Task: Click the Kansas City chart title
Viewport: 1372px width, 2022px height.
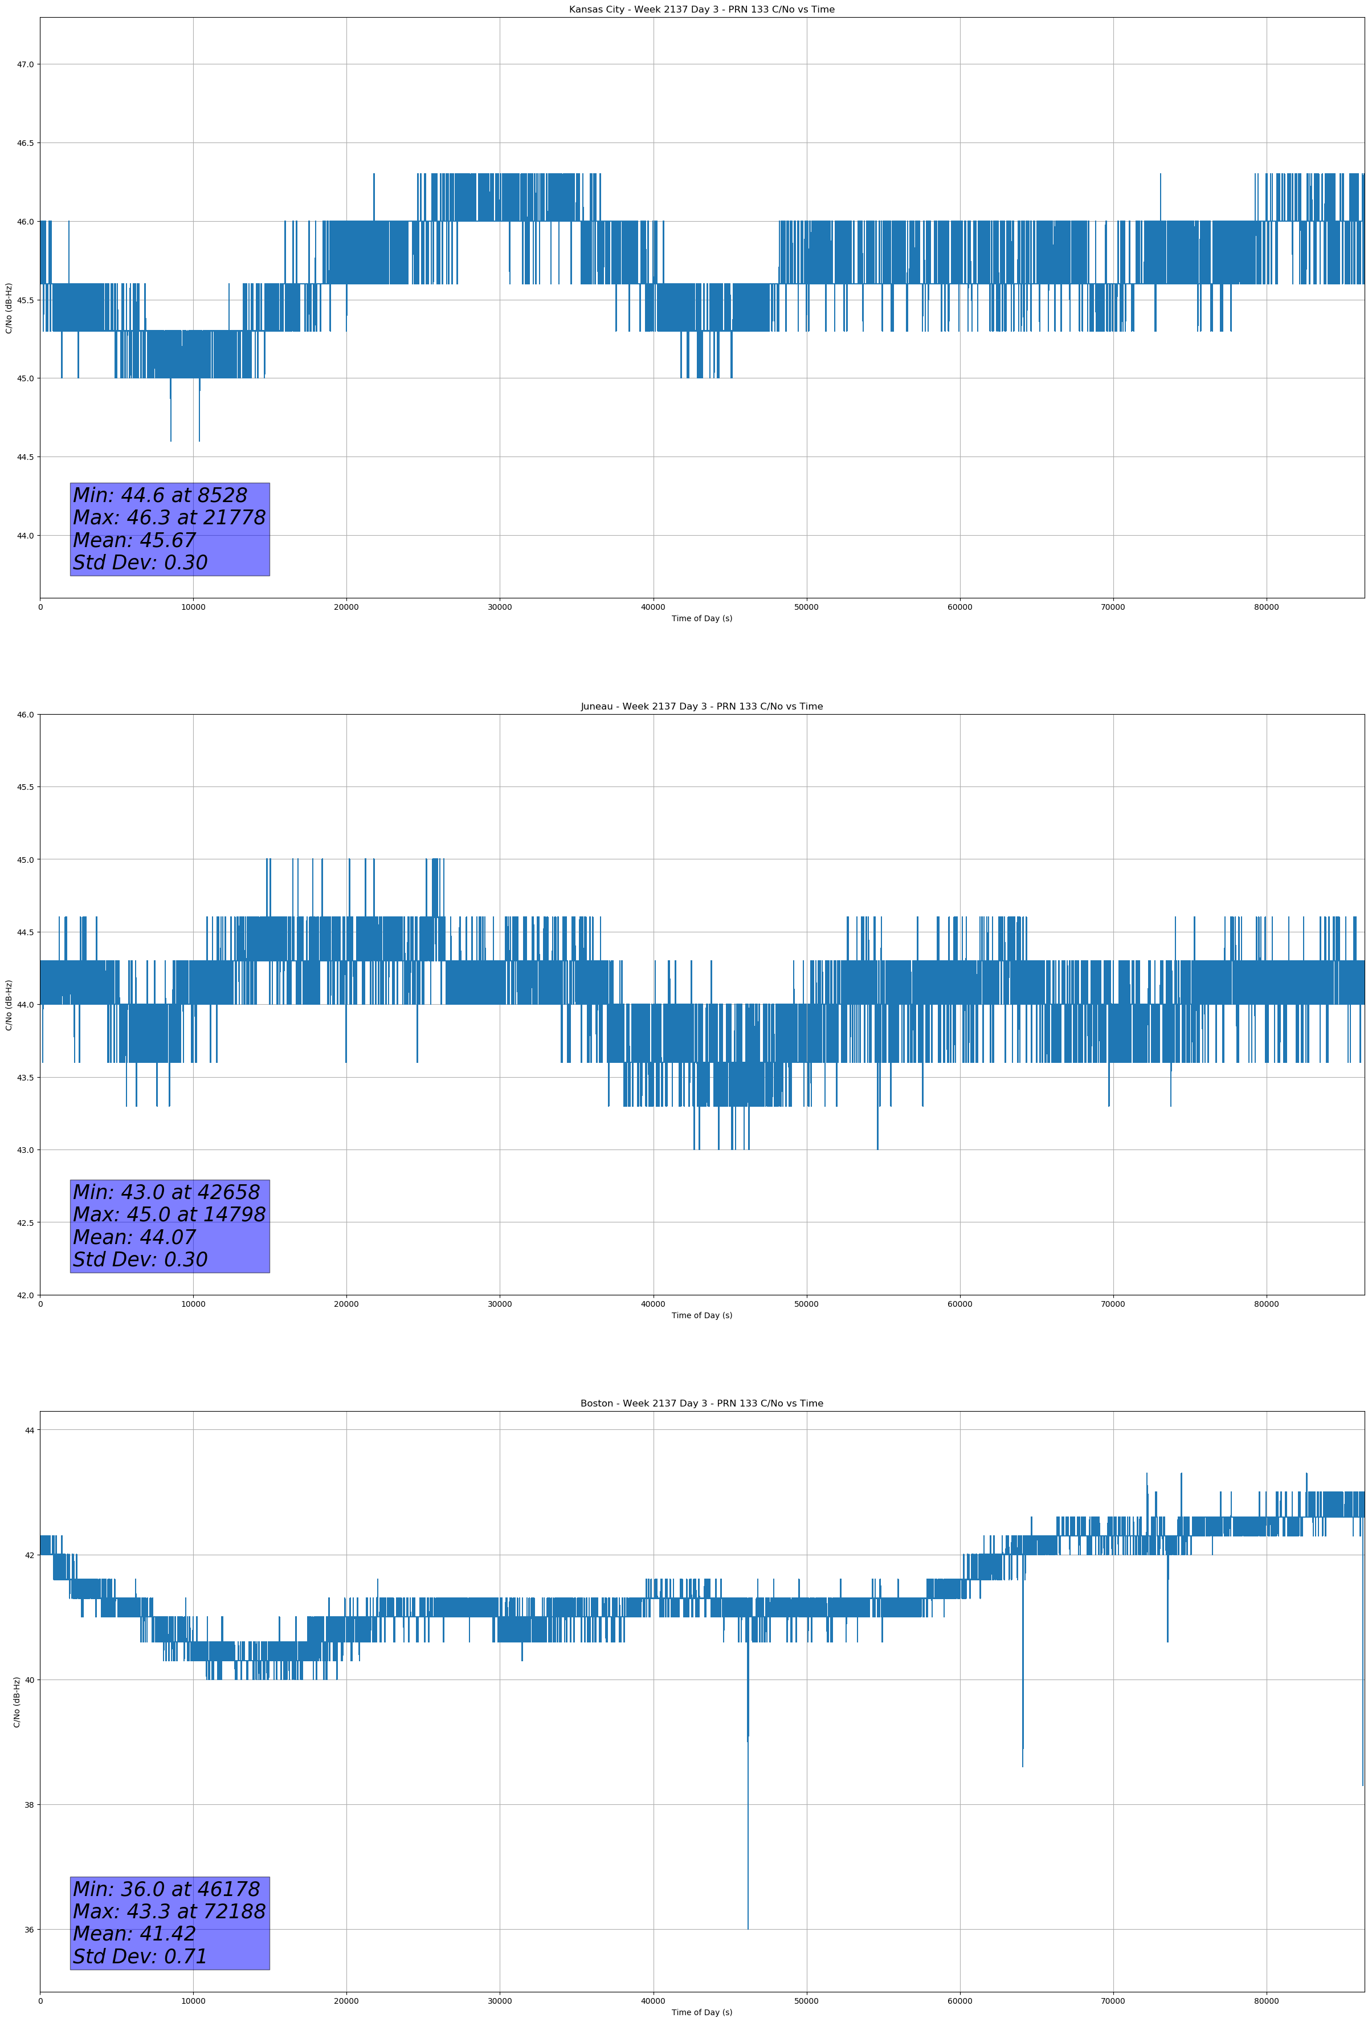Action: [701, 10]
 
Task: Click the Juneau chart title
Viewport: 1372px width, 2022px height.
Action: [701, 707]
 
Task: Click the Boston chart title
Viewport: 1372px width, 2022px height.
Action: [701, 1404]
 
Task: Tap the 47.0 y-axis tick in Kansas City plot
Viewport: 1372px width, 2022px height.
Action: [24, 64]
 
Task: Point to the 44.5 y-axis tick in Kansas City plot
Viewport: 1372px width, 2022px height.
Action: [24, 457]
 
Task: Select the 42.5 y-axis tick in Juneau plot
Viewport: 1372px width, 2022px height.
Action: [24, 1222]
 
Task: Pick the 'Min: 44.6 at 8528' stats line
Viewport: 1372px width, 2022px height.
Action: [160, 495]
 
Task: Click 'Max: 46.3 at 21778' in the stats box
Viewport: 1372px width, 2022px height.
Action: [169, 517]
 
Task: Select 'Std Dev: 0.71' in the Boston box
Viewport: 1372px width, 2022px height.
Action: [140, 1956]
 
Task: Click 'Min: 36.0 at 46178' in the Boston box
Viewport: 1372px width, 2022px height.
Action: [166, 1889]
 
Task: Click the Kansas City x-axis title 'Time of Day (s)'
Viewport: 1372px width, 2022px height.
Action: [701, 618]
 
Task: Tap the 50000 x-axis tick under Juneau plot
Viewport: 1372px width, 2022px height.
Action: [806, 1303]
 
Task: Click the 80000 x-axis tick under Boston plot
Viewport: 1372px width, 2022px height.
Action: [1266, 2000]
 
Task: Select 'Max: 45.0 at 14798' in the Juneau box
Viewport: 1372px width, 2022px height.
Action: [169, 1214]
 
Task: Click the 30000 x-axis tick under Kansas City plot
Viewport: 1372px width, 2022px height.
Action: [499, 608]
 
